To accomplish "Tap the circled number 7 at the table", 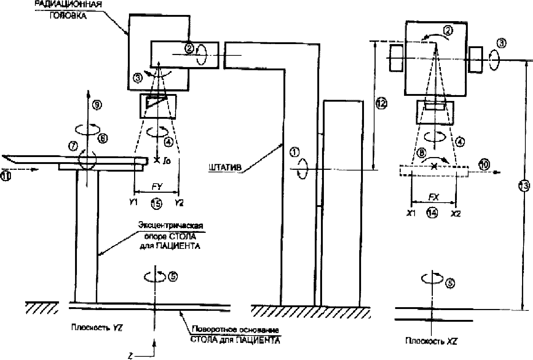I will tap(74, 146).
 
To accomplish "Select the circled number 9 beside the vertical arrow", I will tap(98, 105).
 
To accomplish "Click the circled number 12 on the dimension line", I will tap(381, 104).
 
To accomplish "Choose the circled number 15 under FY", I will tap(156, 204).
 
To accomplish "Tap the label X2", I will tap(455, 214).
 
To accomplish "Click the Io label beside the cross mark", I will tap(166, 161).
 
